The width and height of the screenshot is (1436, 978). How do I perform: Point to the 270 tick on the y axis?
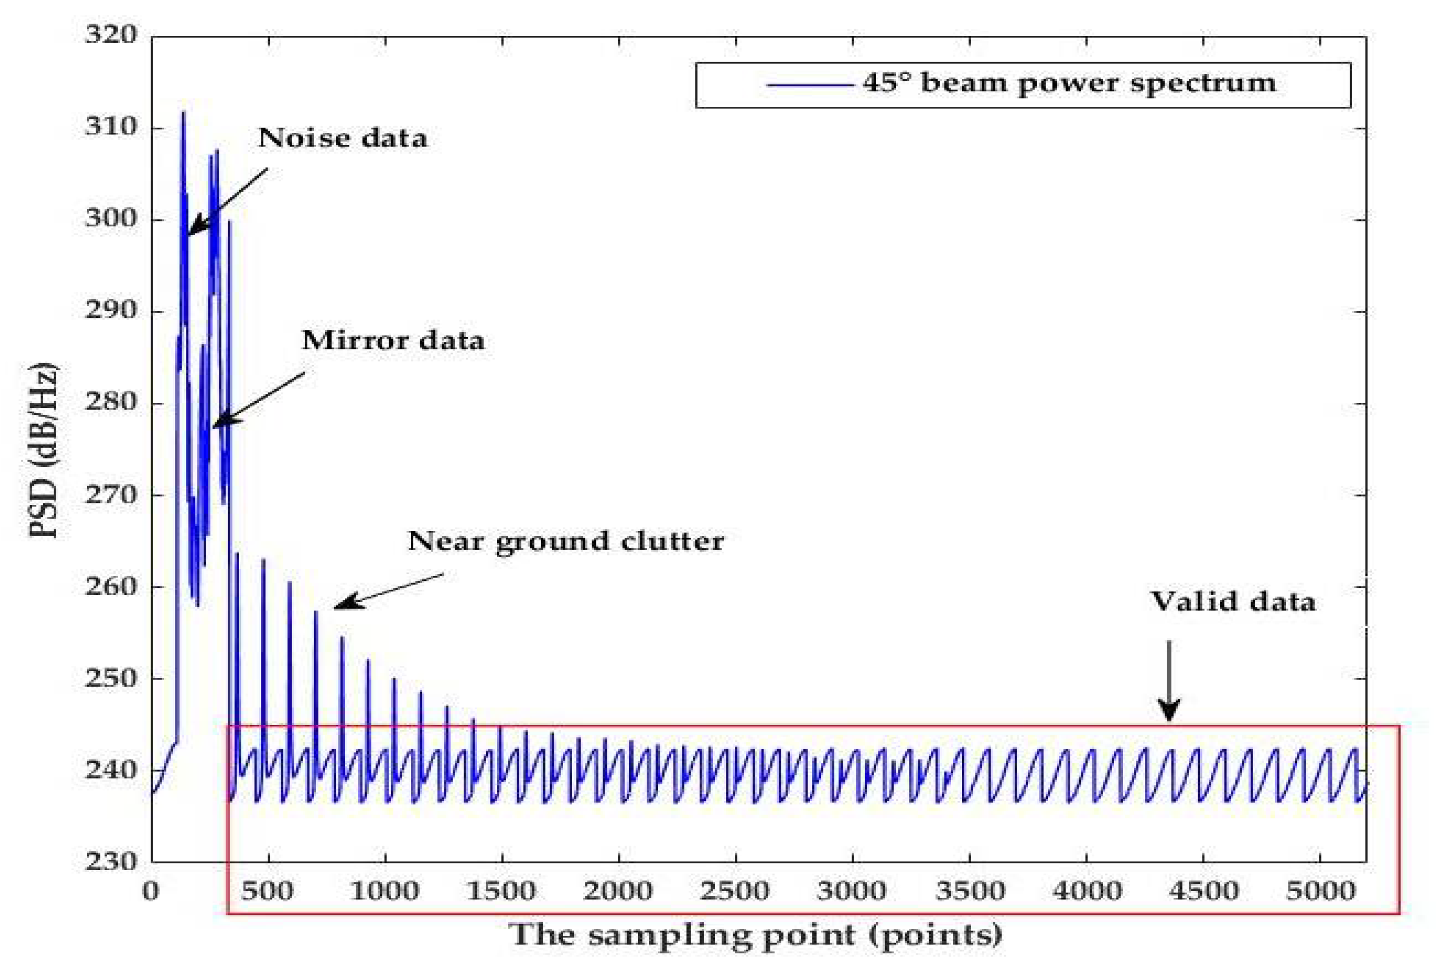pyautogui.click(x=111, y=494)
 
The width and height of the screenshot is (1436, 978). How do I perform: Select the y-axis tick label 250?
pyautogui.click(x=111, y=678)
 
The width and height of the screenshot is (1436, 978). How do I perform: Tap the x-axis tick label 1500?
pyautogui.click(x=501, y=891)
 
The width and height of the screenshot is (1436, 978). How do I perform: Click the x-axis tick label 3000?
pyautogui.click(x=852, y=891)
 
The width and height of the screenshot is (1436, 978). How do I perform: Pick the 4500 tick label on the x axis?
pyautogui.click(x=1203, y=891)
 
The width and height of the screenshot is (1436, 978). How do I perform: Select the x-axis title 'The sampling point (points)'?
pyautogui.click(x=755, y=934)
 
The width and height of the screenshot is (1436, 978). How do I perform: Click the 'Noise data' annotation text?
pyautogui.click(x=342, y=138)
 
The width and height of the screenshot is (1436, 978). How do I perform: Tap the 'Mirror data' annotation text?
pyautogui.click(x=393, y=341)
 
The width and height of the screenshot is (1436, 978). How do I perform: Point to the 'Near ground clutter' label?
pyautogui.click(x=565, y=541)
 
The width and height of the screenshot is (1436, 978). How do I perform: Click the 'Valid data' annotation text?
pyautogui.click(x=1233, y=601)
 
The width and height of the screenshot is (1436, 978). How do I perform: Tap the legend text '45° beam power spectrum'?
pyautogui.click(x=1069, y=84)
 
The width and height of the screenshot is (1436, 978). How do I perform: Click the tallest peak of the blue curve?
pyautogui.click(x=183, y=113)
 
